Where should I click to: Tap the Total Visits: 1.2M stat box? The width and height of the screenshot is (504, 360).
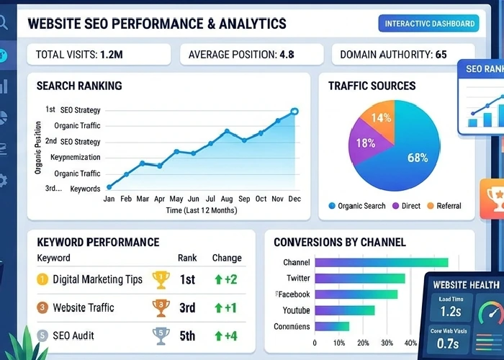[99, 55]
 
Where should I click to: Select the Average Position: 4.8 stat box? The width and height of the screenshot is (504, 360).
[251, 55]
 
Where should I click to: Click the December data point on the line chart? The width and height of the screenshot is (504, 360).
[294, 112]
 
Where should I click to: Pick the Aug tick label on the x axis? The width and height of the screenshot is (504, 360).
[227, 199]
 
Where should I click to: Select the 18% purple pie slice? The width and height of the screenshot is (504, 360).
[366, 144]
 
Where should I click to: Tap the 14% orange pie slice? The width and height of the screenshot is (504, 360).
[382, 117]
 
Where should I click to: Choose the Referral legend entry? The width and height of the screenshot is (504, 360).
[446, 206]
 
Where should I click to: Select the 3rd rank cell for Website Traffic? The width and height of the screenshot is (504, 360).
[187, 308]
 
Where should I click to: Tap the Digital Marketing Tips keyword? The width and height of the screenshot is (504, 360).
[97, 279]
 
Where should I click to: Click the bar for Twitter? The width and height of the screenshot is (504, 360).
[360, 279]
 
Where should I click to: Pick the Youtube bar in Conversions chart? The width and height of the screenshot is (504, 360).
[345, 310]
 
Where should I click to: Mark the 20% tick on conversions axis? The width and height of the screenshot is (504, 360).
[363, 343]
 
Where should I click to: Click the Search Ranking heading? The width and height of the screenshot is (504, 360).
[79, 86]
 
